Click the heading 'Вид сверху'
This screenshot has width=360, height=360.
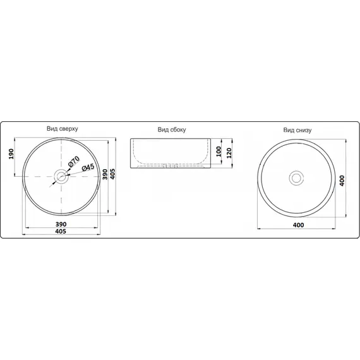[63, 129]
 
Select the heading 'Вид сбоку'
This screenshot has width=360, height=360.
[172, 129]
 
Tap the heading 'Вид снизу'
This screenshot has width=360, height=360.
[297, 130]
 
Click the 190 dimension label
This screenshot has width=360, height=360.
[11, 154]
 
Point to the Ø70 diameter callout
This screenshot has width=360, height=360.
[73, 162]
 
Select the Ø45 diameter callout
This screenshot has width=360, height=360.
[88, 167]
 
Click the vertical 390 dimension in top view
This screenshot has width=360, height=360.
[105, 174]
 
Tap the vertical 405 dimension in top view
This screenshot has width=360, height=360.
[112, 174]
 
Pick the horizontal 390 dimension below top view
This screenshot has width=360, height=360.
[61, 224]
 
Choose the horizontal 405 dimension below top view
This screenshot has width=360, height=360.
[61, 231]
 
